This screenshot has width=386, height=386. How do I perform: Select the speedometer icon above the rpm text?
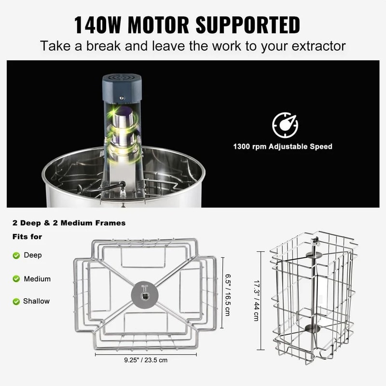click(285, 125)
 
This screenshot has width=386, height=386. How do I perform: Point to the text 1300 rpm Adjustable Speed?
click(283, 146)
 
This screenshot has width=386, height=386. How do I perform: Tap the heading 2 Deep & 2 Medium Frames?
click(69, 223)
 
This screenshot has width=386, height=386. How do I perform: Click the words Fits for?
click(27, 237)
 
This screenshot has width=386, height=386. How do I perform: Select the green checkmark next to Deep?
click(16, 255)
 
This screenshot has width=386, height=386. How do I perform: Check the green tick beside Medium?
click(16, 278)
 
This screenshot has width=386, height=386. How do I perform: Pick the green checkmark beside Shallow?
click(16, 301)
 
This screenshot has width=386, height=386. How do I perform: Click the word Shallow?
click(36, 301)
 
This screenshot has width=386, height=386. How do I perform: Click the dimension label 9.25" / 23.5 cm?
click(145, 360)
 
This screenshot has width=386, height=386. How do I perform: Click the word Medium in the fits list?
click(37, 278)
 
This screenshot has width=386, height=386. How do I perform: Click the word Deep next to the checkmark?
click(33, 255)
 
